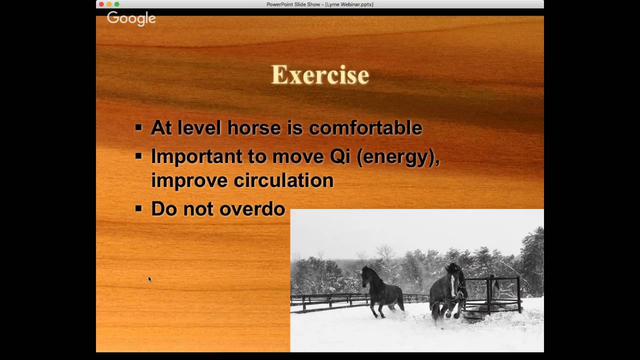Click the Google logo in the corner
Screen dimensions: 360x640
click(131, 18)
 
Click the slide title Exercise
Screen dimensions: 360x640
click(320, 75)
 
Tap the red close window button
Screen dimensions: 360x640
click(101, 4)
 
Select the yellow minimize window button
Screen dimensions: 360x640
click(109, 4)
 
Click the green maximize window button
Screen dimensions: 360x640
click(117, 4)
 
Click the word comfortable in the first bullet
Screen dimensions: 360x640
click(365, 128)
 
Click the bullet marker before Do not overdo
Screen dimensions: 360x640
click(138, 208)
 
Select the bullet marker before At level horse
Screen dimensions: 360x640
click(138, 127)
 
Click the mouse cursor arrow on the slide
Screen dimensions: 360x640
click(149, 279)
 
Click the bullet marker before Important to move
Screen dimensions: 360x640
click(138, 156)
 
